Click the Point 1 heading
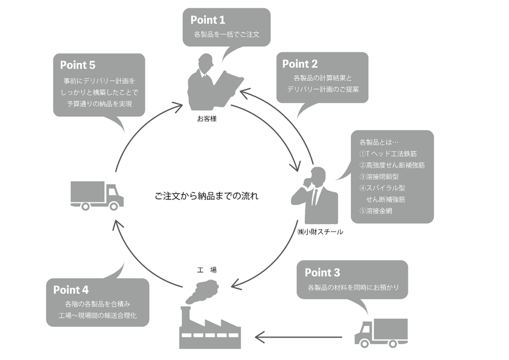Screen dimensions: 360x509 (x=208, y=20)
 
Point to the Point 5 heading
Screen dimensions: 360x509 (x=78, y=64)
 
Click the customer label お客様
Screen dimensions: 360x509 (x=207, y=119)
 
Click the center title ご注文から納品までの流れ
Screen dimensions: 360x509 (x=206, y=196)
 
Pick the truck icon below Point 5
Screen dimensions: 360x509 (x=96, y=195)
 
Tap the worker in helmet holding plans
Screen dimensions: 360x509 (x=214, y=84)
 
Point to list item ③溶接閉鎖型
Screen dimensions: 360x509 (x=379, y=176)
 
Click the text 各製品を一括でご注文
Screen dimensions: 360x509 (x=226, y=35)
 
